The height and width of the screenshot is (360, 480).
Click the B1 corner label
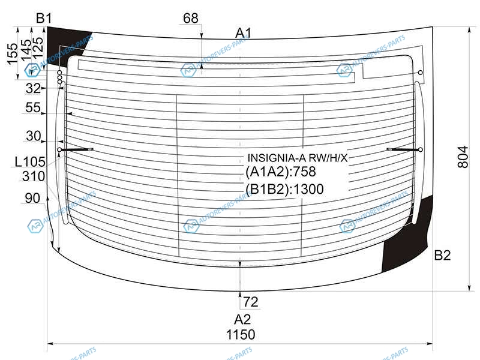click(x=44, y=18)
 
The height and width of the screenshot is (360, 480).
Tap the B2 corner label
click(x=442, y=255)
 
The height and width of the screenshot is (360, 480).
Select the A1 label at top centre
click(x=244, y=33)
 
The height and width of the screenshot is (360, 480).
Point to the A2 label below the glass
click(x=242, y=320)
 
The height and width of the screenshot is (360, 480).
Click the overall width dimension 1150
click(x=241, y=335)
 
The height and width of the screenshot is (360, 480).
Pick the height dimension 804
click(x=463, y=157)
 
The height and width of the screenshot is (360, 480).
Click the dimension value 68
click(x=190, y=19)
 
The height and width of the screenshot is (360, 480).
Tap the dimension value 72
click(x=251, y=302)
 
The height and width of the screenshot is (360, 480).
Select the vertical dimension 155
click(x=12, y=54)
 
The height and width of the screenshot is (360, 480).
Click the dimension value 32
click(x=33, y=88)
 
